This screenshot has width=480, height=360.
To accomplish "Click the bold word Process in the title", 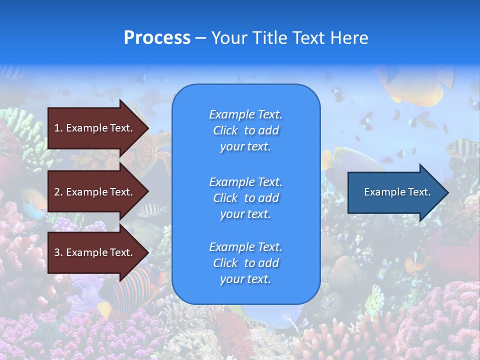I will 157,38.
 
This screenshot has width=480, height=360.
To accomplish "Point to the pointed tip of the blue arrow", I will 447,192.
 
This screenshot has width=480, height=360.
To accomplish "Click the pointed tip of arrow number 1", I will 147,128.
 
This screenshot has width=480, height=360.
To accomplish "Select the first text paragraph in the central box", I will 245,130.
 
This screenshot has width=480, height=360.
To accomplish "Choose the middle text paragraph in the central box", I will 245,198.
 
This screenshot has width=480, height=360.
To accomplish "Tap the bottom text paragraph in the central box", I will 245,263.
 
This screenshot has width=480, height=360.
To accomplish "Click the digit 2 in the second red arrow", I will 56,192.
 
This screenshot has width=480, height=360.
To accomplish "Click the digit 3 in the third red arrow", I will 56,252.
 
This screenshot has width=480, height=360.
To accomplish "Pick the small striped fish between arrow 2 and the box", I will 152,210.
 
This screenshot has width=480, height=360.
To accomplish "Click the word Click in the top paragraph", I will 225,130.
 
